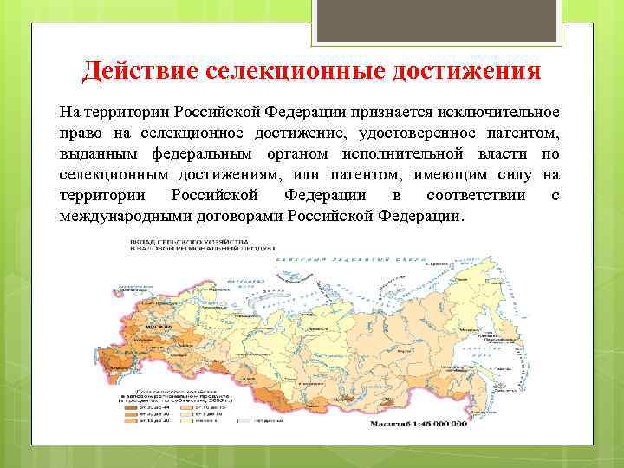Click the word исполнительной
[407, 154]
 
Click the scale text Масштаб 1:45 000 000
[419, 425]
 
